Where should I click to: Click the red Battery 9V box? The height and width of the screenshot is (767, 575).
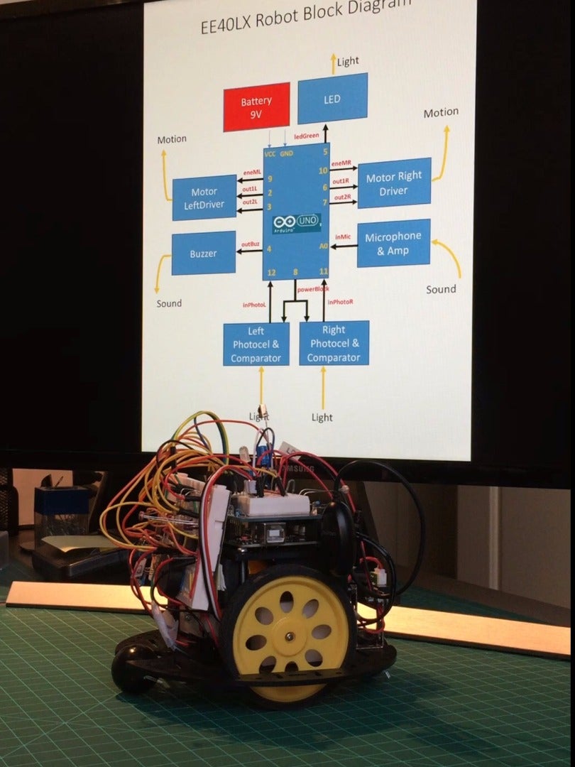(256, 107)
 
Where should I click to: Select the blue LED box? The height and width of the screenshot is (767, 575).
(332, 98)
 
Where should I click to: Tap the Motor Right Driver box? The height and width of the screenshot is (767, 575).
(394, 183)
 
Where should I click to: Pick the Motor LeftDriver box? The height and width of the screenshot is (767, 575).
(204, 197)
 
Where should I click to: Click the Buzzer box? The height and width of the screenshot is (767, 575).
(204, 253)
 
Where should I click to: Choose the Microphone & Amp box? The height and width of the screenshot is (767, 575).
(393, 243)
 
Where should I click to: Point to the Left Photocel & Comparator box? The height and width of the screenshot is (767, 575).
(256, 343)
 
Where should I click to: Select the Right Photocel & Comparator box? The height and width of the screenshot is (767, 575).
(334, 342)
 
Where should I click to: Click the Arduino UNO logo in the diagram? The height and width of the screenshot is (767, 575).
(297, 223)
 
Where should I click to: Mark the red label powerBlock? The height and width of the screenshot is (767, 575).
(312, 289)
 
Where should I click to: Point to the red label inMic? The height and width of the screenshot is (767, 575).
(343, 236)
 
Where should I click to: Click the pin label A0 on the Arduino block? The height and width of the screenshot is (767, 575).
(323, 246)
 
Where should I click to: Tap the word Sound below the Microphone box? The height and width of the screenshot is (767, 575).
(441, 289)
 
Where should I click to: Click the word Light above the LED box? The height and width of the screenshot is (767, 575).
(348, 62)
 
